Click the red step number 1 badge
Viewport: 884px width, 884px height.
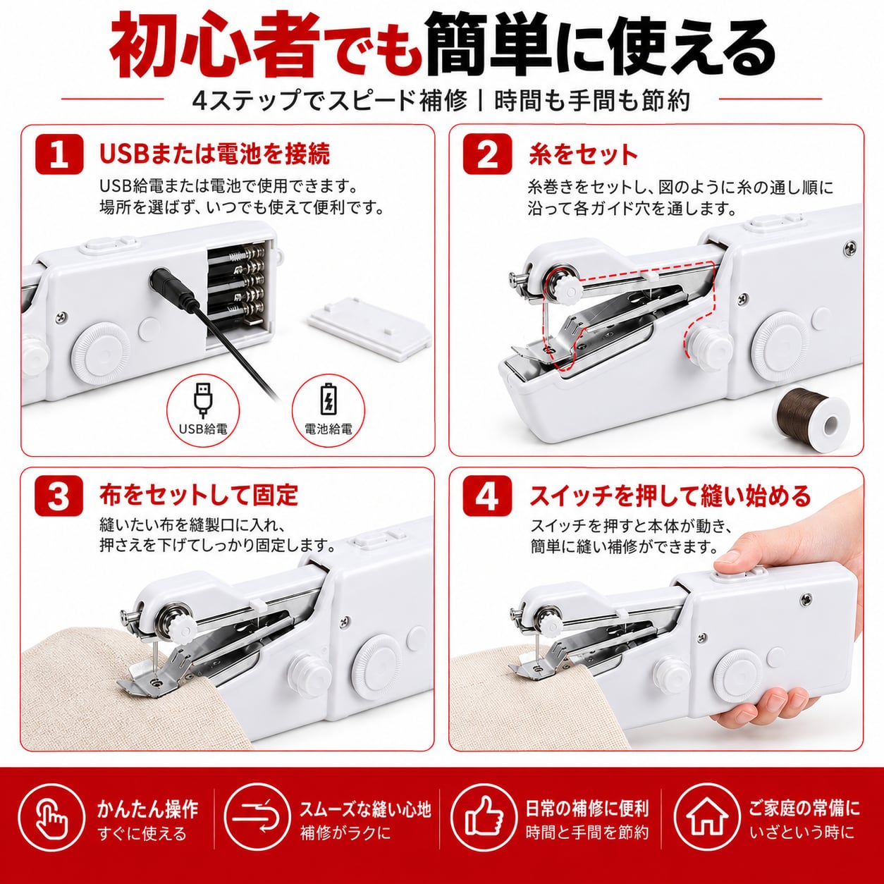[x=59, y=154]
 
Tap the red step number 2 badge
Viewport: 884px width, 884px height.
[x=487, y=154]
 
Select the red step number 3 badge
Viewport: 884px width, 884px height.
[x=59, y=496]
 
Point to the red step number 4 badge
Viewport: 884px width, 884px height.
[x=487, y=496]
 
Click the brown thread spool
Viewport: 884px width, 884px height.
[x=811, y=418]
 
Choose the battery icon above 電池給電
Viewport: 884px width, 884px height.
[x=329, y=399]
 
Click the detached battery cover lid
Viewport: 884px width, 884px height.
[x=370, y=327]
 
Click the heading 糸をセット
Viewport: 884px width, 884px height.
[x=582, y=154]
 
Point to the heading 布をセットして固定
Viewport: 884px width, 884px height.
[x=199, y=496]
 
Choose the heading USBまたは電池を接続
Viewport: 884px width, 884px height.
[x=214, y=154]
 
